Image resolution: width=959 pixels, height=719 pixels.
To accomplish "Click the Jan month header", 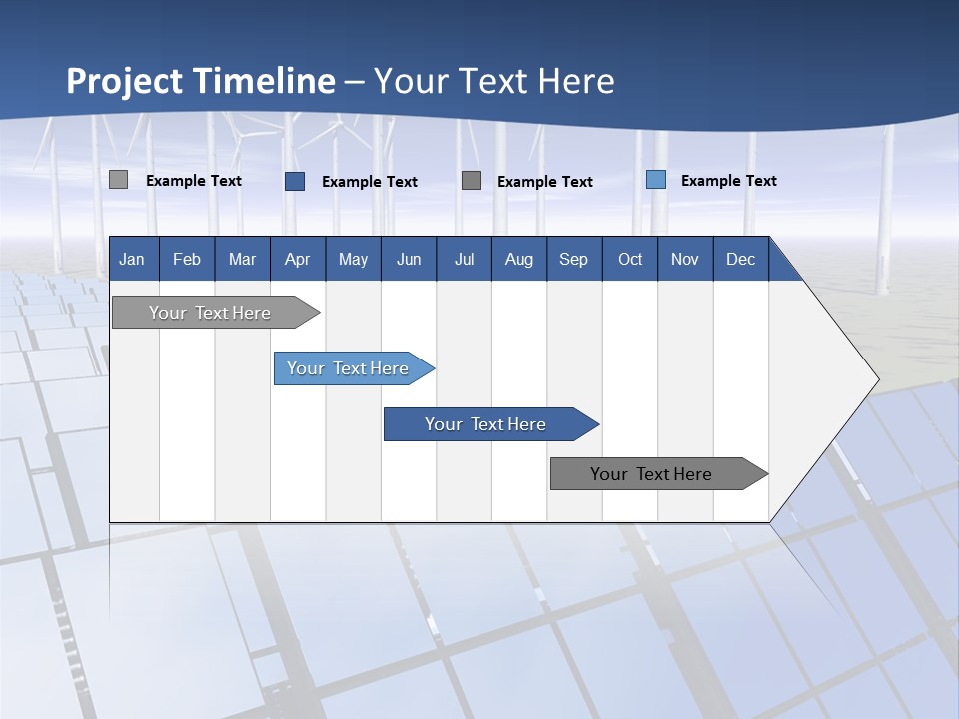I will pos(132,259).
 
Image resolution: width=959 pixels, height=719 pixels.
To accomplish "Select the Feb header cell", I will pos(187,259).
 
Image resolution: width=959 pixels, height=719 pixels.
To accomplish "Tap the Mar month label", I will pos(242,259).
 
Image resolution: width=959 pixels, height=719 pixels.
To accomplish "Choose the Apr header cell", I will pos(298,259).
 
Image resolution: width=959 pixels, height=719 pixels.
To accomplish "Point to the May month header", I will pos(353,259).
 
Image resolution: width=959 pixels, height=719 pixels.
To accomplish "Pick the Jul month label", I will pos(464,259).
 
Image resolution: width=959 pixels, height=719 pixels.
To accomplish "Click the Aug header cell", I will pos(519,259).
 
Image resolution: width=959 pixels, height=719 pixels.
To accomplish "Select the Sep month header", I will pos(574,259).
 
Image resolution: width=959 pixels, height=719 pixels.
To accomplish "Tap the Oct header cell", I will pos(630,259).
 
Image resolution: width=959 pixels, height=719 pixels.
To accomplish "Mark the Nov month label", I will pos(685,259).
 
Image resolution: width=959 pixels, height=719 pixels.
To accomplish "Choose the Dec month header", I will pos(741,259).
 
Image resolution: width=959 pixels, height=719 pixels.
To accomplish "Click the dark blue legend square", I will pos(295,181).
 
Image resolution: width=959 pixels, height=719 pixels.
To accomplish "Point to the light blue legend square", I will pos(656,180).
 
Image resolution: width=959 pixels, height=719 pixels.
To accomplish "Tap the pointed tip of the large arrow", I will pos(876,379).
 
